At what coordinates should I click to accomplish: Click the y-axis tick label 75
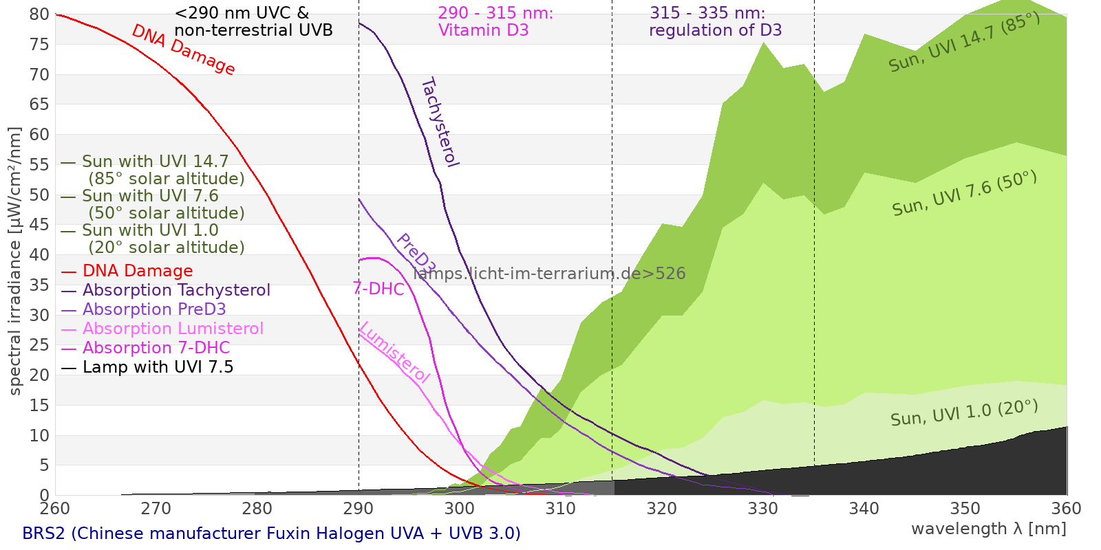coord(39,45)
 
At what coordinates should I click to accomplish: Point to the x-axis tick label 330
coord(763,509)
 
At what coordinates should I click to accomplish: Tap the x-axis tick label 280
coord(257,509)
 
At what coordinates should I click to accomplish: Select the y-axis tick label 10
coord(39,436)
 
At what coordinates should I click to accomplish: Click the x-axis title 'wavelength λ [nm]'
coord(989,529)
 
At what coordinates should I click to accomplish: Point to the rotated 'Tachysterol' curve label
coord(440,122)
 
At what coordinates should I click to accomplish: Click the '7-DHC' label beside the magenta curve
coord(378,289)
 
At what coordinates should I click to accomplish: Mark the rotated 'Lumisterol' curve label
coord(395,353)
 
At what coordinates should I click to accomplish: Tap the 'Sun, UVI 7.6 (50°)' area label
coord(964,193)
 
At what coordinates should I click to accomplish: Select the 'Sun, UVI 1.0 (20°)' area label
coord(964,413)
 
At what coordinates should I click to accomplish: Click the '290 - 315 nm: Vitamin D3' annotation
coord(495,21)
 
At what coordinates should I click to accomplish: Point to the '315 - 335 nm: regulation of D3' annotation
coord(715,21)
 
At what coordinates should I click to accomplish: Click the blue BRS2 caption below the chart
coord(271,533)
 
